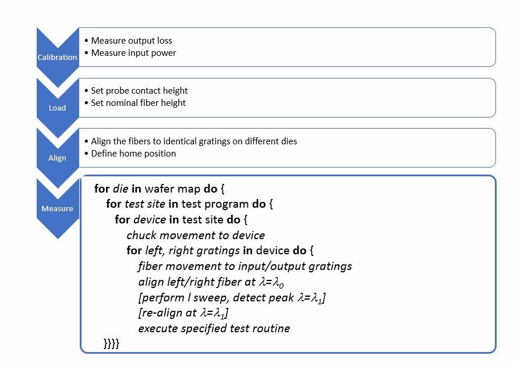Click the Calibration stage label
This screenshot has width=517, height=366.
(57, 57)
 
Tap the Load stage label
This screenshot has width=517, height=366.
(58, 108)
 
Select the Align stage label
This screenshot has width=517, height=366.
(58, 158)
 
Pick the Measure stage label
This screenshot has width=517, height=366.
(58, 208)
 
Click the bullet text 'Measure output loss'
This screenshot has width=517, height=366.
(132, 41)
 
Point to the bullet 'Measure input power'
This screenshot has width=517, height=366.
(133, 53)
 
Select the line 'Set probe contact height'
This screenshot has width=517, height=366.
(139, 91)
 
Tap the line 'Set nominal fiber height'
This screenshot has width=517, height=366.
(138, 103)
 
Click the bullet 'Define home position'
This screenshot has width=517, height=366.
(133, 154)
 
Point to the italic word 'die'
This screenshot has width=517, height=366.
(121, 189)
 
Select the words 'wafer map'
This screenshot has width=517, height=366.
(172, 189)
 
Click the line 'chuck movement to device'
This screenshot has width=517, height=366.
(196, 235)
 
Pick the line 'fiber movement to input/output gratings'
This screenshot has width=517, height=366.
(245, 266)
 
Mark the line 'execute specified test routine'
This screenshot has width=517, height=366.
(214, 328)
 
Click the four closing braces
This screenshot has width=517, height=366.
(111, 343)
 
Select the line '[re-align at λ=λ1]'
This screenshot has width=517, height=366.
(183, 313)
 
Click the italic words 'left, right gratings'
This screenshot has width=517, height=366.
(192, 251)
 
